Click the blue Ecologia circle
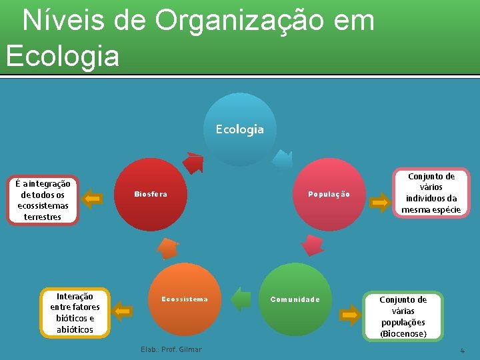pos(240,129)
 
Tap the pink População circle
pos(329,194)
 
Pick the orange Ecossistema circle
pos(185,299)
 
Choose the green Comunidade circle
pos(295,299)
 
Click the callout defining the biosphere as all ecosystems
pos(43,200)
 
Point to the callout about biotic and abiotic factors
pos(75,312)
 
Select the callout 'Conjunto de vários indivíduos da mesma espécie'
pos(431,193)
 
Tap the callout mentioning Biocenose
pos(403,316)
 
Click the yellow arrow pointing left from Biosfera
pos(93,198)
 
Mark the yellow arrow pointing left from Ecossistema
pos(122,310)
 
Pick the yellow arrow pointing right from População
pos(381,201)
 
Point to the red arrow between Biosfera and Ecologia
pos(194,162)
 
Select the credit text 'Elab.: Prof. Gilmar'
pos(171,349)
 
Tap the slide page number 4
pos(462,351)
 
